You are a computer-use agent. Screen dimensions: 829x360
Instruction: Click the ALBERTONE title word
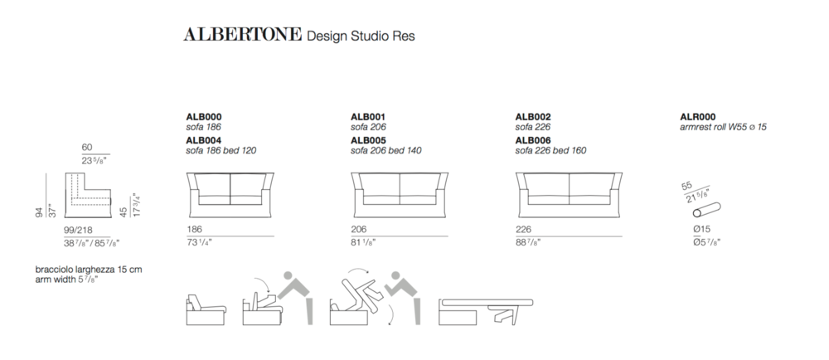tap(243, 35)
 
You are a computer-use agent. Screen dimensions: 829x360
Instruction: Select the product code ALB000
tap(204, 117)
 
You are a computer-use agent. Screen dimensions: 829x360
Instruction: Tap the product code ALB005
tap(368, 140)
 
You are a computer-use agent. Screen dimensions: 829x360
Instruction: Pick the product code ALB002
tap(533, 117)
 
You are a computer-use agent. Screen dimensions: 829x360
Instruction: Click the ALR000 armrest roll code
tap(697, 117)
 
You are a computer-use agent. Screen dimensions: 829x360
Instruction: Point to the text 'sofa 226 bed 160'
tap(550, 151)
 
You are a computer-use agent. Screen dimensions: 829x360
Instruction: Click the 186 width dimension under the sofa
tap(194, 230)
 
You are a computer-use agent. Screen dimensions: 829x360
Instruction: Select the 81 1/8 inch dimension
tap(363, 243)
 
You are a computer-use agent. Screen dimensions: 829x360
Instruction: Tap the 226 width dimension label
tap(523, 230)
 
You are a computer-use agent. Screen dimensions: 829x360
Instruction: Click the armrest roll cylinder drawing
tap(707, 210)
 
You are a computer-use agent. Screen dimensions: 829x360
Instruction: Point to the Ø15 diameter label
tap(701, 230)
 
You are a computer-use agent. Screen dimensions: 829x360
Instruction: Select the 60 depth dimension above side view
tap(87, 148)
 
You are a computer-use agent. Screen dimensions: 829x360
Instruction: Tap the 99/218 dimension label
tap(78, 231)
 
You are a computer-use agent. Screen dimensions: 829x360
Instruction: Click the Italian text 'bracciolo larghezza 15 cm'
tap(89, 270)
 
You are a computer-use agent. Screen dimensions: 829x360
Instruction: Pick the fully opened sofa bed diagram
tap(486, 312)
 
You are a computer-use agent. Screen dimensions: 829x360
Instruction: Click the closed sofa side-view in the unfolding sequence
tap(206, 310)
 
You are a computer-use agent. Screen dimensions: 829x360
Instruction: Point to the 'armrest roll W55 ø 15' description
tap(723, 128)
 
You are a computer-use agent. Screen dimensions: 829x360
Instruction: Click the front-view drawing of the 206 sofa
tap(400, 195)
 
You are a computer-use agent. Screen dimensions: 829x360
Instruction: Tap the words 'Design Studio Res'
tap(361, 36)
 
